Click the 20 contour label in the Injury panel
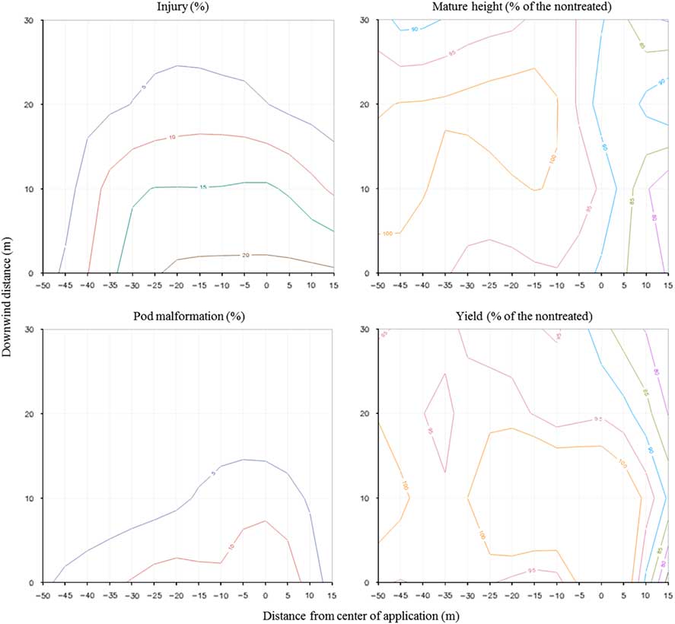[246, 256]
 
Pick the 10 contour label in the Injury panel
[172, 138]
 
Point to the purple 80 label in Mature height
[654, 217]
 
